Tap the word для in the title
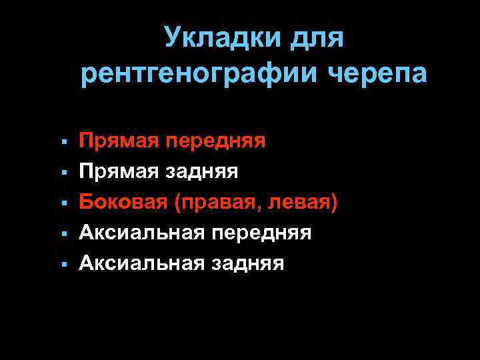[x=317, y=38]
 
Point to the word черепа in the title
[x=377, y=73]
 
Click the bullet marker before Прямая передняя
[x=61, y=142]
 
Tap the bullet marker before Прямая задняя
[x=61, y=173]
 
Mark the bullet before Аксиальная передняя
[x=61, y=234]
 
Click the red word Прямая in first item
[x=119, y=141]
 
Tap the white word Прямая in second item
[x=119, y=171]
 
